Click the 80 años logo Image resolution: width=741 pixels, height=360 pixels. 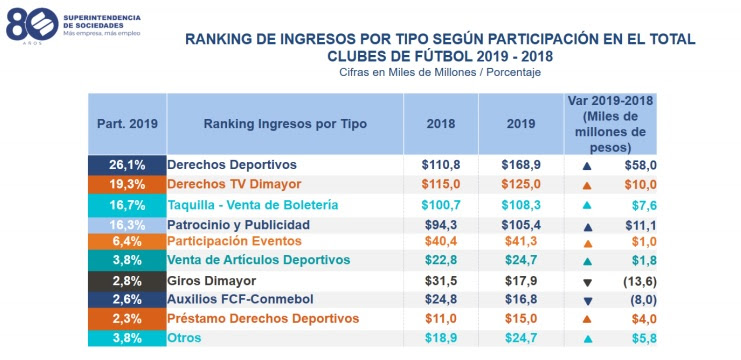click(x=30, y=23)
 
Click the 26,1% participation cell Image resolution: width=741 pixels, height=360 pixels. click(x=127, y=164)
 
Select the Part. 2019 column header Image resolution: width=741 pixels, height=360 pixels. click(x=127, y=123)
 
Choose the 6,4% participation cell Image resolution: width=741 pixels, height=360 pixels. click(x=127, y=241)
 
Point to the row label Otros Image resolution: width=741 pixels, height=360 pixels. click(x=185, y=338)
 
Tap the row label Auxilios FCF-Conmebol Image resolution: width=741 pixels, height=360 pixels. click(x=240, y=299)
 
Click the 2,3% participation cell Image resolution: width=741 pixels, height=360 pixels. click(x=127, y=318)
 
